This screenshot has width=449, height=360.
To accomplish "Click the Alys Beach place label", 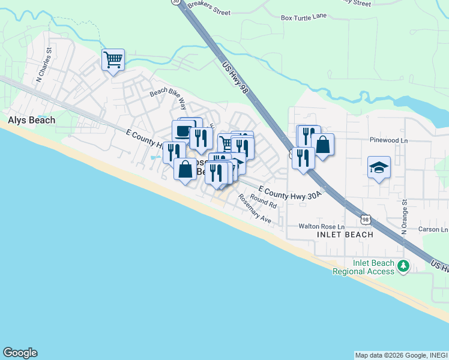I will tap(31, 120).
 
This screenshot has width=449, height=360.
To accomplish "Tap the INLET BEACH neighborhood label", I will tap(345, 235).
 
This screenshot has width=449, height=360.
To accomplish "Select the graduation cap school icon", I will tap(379, 167).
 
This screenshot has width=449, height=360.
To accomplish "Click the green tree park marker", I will tap(404, 265).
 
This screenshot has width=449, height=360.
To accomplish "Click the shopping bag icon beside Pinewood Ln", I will tap(323, 145).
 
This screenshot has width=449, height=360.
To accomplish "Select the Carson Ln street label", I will tap(433, 230).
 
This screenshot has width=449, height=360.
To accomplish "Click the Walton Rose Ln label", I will tap(322, 227).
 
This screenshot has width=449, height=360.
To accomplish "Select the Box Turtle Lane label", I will tap(303, 17).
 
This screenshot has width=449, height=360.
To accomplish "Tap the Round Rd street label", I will tap(264, 202).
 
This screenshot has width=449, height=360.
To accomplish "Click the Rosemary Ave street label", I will tap(254, 209).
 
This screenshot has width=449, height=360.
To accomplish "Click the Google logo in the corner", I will tap(20, 353).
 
